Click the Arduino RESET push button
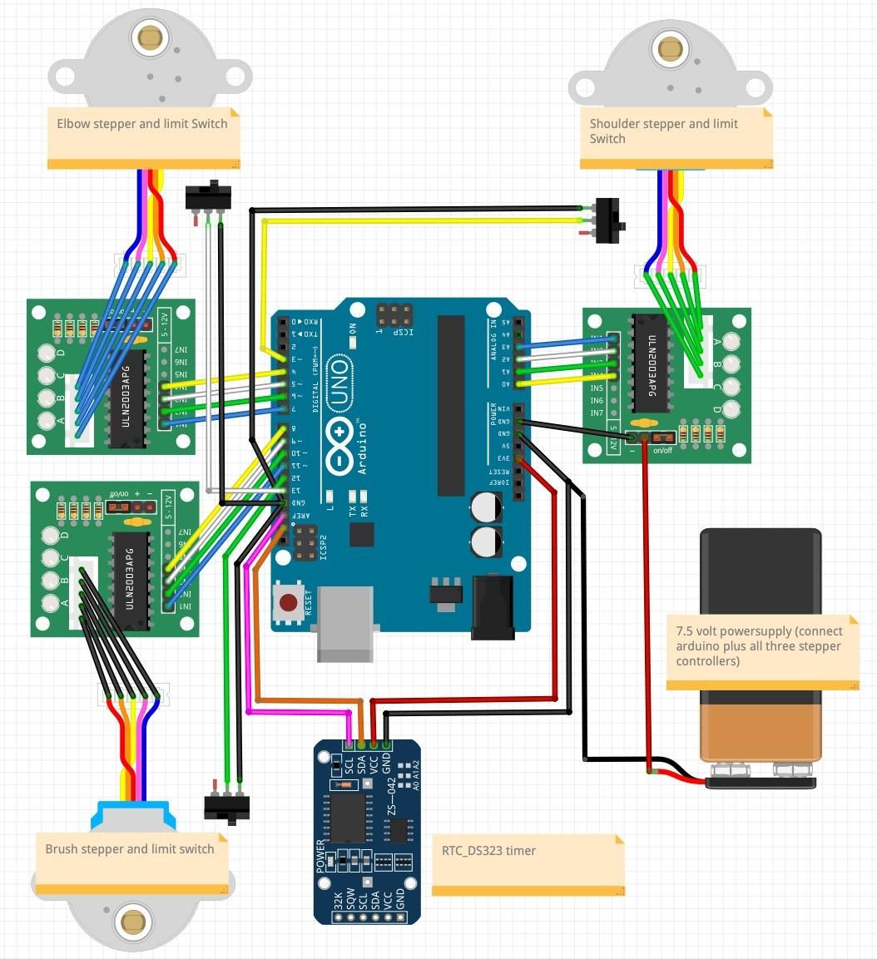tap(290, 603)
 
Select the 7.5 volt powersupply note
tap(762, 653)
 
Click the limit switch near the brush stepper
tap(227, 807)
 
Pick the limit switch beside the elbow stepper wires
tap(207, 196)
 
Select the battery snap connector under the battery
tap(760, 783)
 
